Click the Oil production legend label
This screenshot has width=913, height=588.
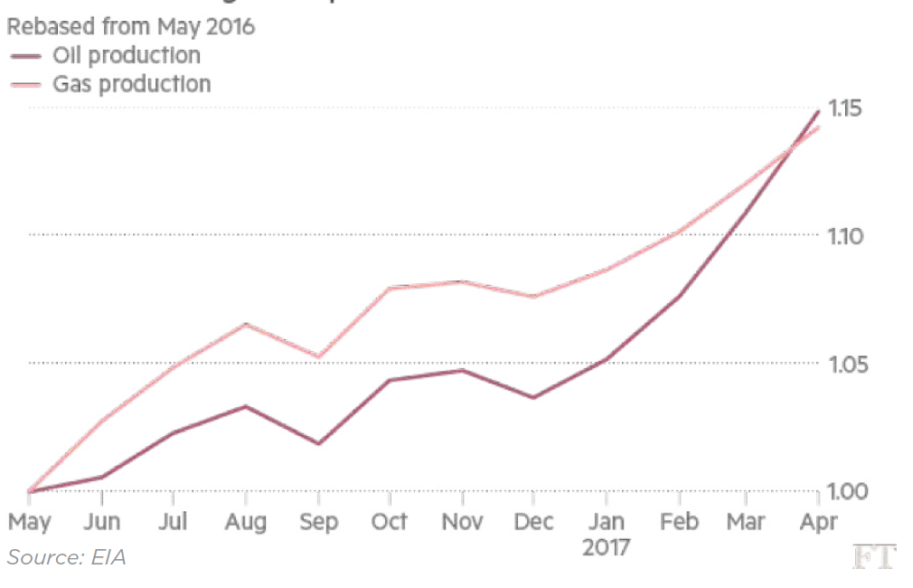pos(127,55)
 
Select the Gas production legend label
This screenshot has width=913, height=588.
pos(132,84)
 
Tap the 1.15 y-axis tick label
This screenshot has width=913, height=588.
pos(848,109)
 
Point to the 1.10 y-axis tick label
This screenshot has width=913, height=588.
pos(848,237)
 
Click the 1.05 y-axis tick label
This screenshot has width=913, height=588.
pos(848,365)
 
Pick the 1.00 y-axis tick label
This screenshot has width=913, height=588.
pos(848,492)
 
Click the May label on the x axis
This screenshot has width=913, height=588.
pos(30,522)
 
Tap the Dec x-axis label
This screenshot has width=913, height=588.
pos(533,522)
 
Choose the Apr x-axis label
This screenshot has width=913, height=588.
pos(818,522)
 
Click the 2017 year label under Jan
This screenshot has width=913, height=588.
pos(606,547)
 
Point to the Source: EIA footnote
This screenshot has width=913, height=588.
pos(66,557)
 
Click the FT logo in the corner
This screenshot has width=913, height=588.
pos(873,557)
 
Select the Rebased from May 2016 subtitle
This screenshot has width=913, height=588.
pos(131,27)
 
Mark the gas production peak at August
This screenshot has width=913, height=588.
pos(246,324)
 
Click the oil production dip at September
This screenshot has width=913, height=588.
pos(318,443)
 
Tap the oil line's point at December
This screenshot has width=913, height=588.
pos(533,397)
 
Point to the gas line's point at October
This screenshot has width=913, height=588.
pos(390,288)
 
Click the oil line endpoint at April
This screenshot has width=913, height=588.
pos(819,111)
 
